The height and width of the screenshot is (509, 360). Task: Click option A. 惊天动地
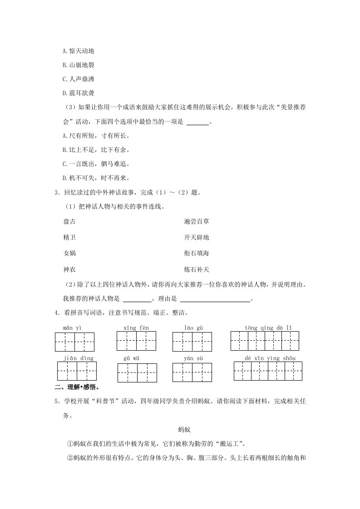78,51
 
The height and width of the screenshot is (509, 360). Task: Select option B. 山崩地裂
78,65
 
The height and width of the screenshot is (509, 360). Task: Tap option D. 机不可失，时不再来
96,178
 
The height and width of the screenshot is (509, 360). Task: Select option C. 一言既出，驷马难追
96,164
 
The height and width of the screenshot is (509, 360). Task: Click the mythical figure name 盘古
69,222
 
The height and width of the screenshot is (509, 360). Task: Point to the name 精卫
69,237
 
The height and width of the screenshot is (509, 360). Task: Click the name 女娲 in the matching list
69,253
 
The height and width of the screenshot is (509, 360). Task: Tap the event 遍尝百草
197,222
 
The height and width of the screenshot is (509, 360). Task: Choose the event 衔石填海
197,253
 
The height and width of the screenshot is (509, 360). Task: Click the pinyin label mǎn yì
73,328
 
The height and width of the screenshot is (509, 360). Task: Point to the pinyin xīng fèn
136,328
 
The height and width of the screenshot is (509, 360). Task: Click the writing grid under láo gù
192,341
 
